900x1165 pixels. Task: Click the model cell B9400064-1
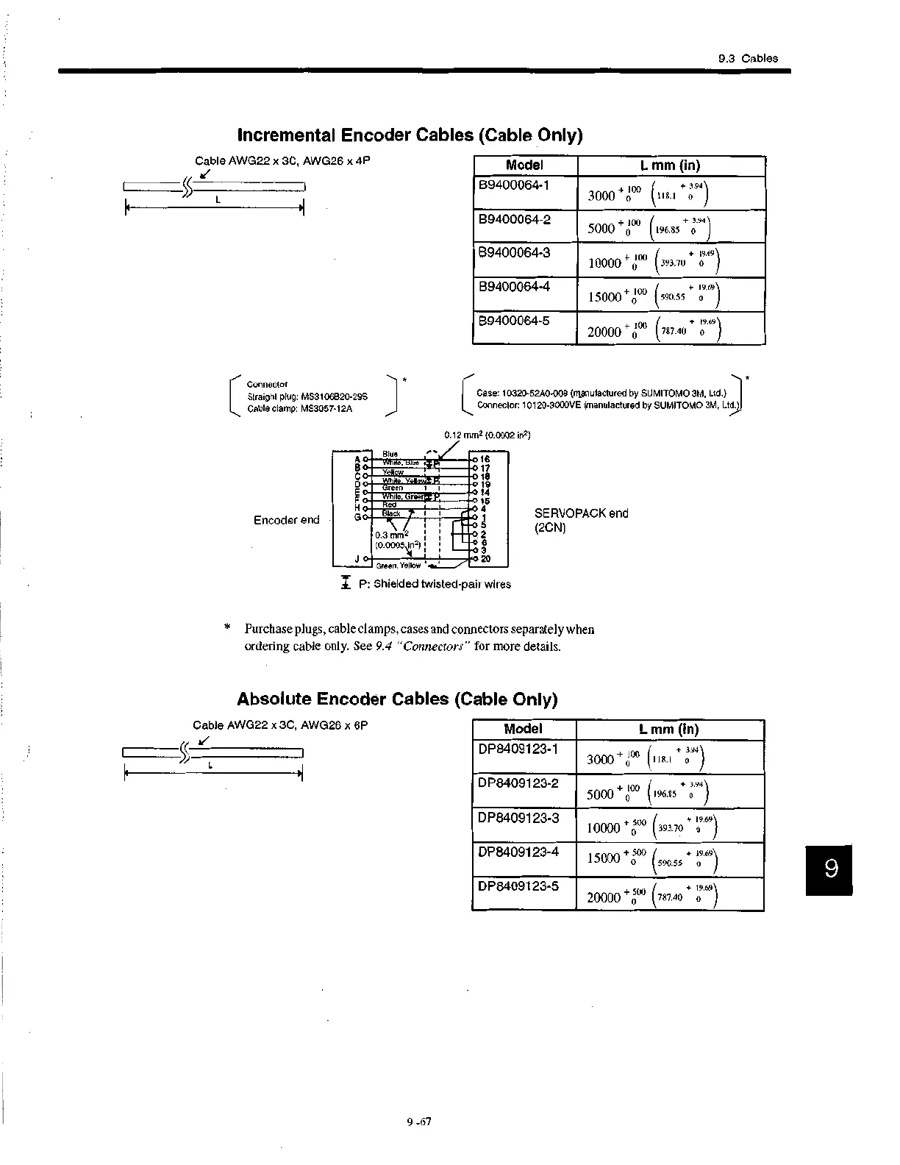(514, 185)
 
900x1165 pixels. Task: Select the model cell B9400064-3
(514, 252)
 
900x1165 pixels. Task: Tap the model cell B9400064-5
(514, 321)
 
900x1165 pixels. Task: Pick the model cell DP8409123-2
(518, 783)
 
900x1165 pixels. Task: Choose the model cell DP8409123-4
(518, 852)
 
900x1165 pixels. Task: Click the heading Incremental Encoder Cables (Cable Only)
(410, 135)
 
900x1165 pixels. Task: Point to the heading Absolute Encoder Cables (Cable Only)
(397, 699)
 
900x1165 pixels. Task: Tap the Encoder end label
(286, 520)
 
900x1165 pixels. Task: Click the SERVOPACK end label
(581, 513)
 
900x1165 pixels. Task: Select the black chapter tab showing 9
(829, 870)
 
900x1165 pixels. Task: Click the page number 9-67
(418, 1122)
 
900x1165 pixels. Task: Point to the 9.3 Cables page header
(747, 59)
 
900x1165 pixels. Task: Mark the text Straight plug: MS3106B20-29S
(307, 396)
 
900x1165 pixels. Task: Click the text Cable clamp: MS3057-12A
(299, 408)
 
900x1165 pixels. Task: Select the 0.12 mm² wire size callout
(487, 435)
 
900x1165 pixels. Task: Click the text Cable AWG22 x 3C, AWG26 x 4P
(282, 160)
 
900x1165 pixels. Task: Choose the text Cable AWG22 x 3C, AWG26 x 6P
(279, 725)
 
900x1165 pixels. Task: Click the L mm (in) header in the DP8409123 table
(668, 730)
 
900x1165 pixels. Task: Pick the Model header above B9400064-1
(524, 165)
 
